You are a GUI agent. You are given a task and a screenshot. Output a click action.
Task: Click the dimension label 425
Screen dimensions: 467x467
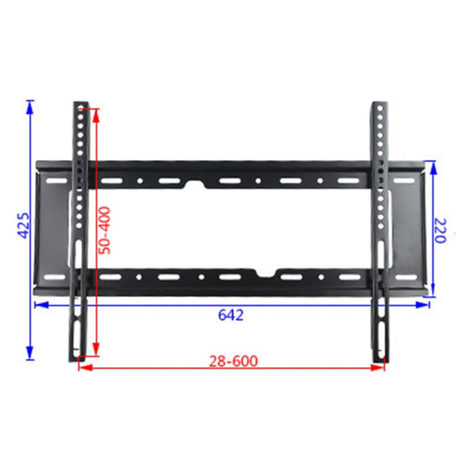[23, 227]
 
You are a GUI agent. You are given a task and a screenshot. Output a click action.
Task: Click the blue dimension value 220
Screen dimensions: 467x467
[443, 231]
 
